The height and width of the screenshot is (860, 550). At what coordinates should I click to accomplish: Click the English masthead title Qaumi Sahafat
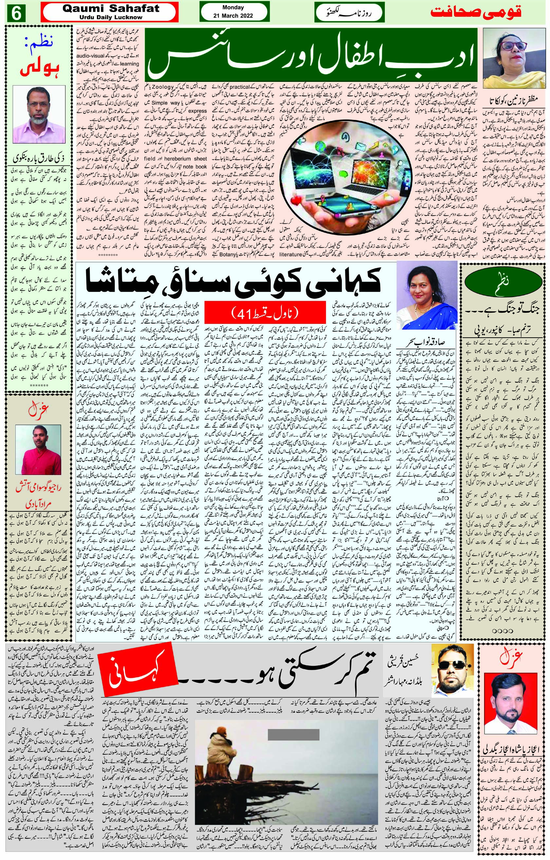click(111, 9)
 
